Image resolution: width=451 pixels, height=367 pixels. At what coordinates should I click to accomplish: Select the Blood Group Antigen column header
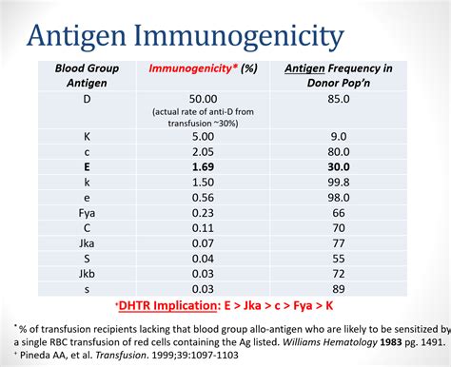pos(88,76)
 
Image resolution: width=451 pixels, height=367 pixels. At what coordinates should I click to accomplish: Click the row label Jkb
pos(88,272)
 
